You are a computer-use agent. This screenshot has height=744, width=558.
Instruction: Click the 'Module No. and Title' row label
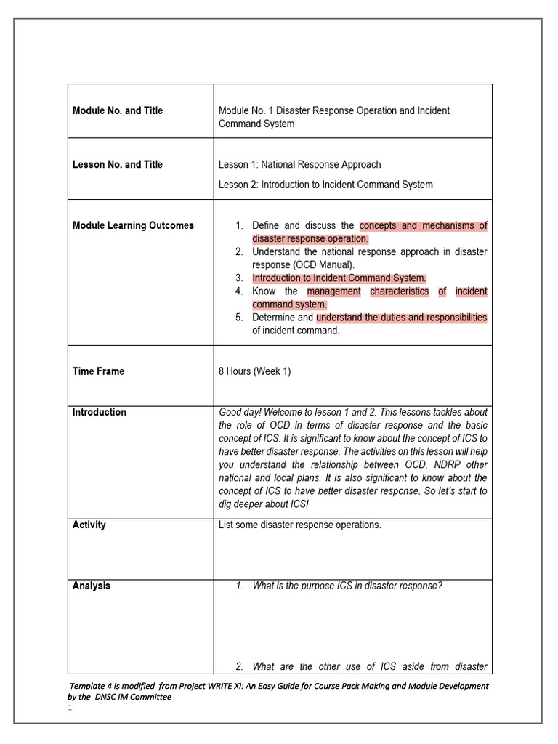[118, 110]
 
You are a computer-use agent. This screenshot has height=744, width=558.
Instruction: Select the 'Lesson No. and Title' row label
[118, 164]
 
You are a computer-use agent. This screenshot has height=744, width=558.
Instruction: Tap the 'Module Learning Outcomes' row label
[133, 225]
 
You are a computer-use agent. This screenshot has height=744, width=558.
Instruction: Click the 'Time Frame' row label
[98, 371]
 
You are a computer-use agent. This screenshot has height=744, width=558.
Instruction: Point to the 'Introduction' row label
[99, 412]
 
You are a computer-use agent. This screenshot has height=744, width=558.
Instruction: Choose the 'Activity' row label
[89, 525]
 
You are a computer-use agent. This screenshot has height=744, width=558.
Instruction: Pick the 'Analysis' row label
[92, 586]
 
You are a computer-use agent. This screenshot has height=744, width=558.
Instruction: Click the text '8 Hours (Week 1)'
[254, 371]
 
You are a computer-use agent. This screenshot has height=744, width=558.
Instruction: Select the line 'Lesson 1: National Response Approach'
[299, 164]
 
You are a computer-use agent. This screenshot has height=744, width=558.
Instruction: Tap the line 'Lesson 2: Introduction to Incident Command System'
[325, 185]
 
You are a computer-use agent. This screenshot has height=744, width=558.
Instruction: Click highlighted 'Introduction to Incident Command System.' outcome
[339, 278]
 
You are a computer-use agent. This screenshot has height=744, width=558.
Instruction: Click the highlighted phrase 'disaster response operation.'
[310, 239]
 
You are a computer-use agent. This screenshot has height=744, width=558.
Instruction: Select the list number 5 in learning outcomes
[239, 318]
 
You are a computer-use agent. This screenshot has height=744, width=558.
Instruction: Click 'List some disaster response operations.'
[299, 525]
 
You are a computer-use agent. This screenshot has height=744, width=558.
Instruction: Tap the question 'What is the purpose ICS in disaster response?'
[347, 586]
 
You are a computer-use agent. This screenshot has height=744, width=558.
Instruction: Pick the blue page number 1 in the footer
[70, 708]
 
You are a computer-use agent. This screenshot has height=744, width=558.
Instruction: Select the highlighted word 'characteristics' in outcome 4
[399, 291]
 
